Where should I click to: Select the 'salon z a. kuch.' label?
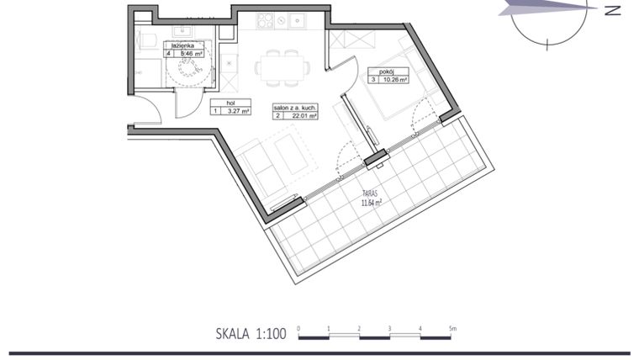point(293,107)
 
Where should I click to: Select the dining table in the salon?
point(282,66)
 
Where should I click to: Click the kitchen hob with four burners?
point(271,20)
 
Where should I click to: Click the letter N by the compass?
point(612,11)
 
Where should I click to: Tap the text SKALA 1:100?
point(251,334)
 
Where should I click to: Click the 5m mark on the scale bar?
point(452,328)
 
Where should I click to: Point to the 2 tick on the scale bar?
point(359,328)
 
